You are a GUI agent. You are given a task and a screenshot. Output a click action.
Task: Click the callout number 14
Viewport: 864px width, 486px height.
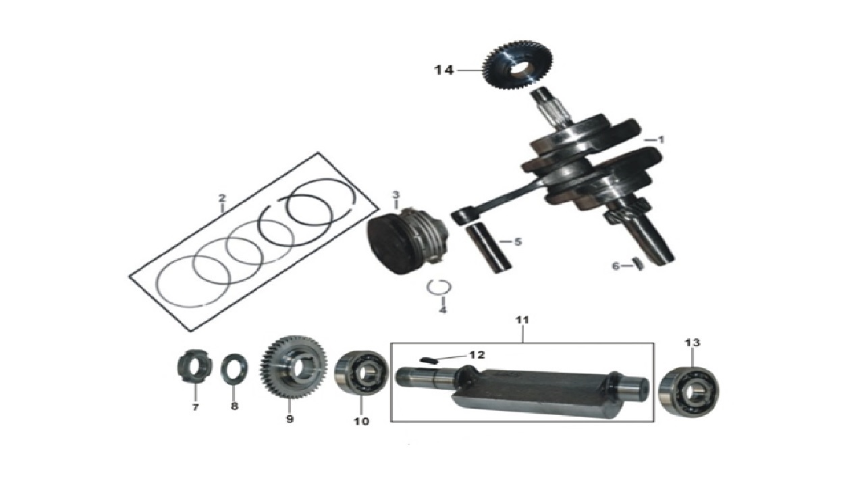[444, 70]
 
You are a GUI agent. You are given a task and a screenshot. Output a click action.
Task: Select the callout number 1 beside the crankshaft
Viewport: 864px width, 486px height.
[661, 140]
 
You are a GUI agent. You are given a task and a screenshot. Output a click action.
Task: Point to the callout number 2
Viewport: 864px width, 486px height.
[221, 198]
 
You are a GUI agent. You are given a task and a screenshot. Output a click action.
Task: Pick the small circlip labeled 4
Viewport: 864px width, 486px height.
[439, 287]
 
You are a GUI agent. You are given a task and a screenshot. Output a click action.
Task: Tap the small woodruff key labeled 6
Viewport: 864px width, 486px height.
[639, 264]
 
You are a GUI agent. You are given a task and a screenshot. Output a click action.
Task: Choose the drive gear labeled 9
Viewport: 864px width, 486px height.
[294, 367]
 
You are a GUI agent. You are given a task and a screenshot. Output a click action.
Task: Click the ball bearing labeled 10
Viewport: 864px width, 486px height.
[362, 373]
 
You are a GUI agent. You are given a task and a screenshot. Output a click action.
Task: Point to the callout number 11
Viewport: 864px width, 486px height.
[522, 320]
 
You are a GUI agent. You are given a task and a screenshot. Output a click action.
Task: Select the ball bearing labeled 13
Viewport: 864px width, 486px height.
[689, 392]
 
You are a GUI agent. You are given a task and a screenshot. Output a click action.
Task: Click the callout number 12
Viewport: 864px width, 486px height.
[477, 354]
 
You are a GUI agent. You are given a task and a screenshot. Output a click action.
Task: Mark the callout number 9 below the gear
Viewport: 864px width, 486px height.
[290, 419]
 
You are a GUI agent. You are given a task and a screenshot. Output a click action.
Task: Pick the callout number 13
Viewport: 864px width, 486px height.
[693, 342]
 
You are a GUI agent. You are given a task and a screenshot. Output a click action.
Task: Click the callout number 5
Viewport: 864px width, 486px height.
[518, 242]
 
